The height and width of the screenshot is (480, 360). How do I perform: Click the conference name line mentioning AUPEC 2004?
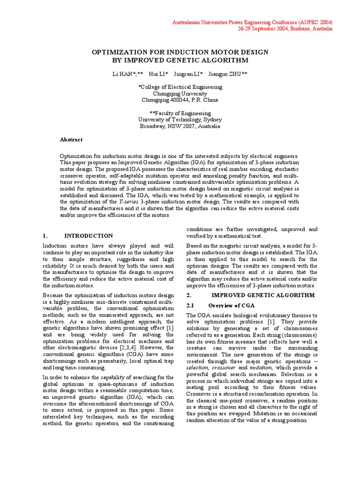(253, 22)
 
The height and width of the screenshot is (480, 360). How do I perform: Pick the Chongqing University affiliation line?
(180, 93)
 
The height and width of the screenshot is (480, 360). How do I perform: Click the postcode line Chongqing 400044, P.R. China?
(180, 100)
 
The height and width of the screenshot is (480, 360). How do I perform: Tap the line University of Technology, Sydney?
(180, 120)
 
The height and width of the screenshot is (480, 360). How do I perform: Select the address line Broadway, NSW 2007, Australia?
(180, 126)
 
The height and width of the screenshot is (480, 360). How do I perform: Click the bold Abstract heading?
(71, 139)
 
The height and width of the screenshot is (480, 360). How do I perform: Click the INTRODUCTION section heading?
(89, 236)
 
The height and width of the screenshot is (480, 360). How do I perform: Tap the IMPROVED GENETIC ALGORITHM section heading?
(257, 295)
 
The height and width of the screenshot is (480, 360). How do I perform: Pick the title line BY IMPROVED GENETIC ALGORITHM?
(180, 60)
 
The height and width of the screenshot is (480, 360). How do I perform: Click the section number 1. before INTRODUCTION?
(45, 236)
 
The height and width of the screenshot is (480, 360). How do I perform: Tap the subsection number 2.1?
(190, 306)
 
